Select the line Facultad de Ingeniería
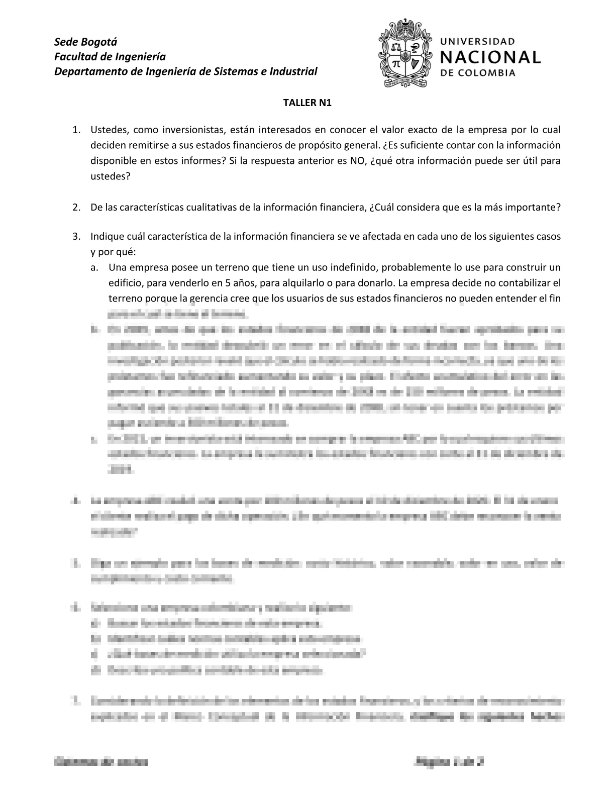point(110,56)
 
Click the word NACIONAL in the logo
point(490,57)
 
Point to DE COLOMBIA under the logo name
point(478,73)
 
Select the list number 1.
point(76,130)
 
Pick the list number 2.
point(76,208)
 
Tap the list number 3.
point(76,236)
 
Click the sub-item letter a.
point(94,267)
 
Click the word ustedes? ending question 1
point(110,177)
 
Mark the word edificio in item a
point(124,283)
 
